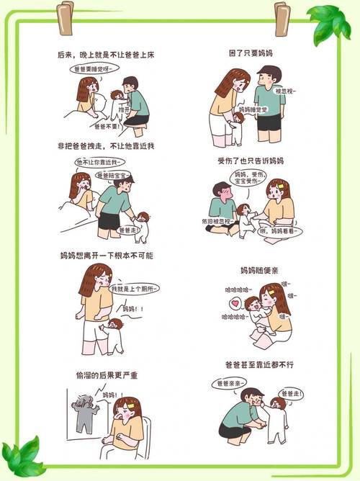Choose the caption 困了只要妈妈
[x=251, y=54]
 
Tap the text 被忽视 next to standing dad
[x=287, y=91]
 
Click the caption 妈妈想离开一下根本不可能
[x=107, y=256]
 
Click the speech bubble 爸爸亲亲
[x=229, y=384]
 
